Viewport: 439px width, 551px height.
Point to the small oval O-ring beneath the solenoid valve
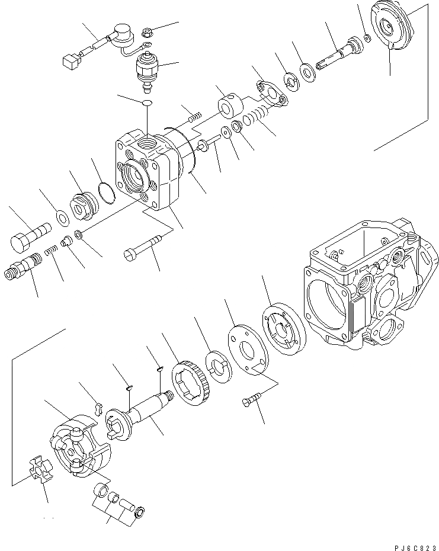point(146,104)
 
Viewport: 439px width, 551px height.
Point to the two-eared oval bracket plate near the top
point(270,92)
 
